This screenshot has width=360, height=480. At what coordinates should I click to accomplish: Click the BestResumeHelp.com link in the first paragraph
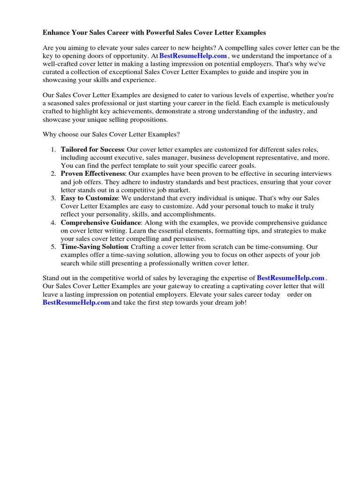pos(193,56)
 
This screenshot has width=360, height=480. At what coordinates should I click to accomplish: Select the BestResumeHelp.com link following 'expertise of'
pos(291,278)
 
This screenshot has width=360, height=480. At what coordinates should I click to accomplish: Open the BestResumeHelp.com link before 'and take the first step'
pos(76,302)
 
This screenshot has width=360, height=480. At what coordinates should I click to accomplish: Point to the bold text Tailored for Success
pos(92,149)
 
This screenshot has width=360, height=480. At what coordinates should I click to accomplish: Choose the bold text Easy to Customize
pos(89,198)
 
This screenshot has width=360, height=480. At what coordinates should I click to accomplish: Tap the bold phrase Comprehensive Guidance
pos(100,223)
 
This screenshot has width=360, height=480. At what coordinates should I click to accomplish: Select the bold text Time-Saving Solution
pos(94,247)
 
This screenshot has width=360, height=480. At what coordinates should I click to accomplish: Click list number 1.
pos(53,149)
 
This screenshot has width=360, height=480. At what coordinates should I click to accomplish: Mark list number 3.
pos(53,198)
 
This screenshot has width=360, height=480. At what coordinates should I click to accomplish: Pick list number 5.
pos(53,247)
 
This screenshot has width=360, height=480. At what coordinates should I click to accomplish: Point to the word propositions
pos(146,120)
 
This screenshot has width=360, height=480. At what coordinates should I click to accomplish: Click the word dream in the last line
pos(221,302)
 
